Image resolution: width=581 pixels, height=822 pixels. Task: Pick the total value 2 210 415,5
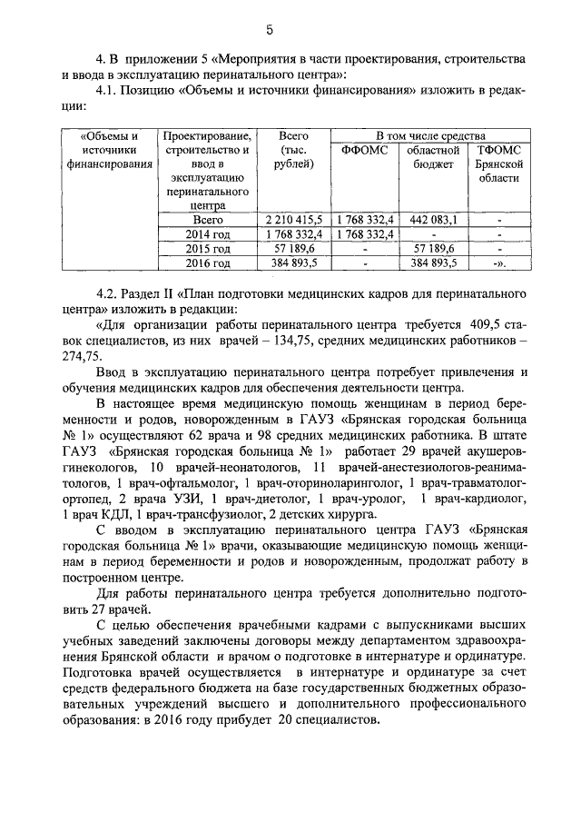(x=290, y=219)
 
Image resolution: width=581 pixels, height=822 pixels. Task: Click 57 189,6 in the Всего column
(x=290, y=248)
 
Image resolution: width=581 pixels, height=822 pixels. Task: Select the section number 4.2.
(x=107, y=296)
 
